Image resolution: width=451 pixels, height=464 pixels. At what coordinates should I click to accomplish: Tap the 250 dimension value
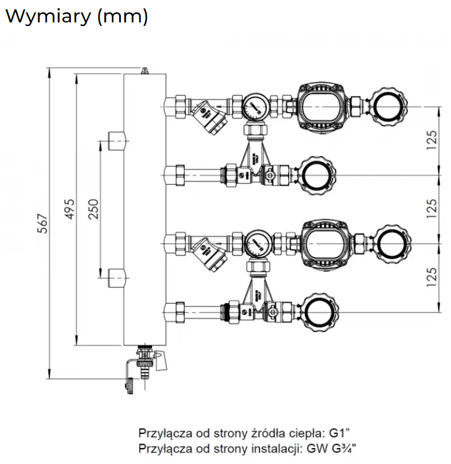pyautogui.click(x=93, y=208)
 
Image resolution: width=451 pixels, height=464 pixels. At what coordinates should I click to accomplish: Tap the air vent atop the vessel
pyautogui.click(x=144, y=70)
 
